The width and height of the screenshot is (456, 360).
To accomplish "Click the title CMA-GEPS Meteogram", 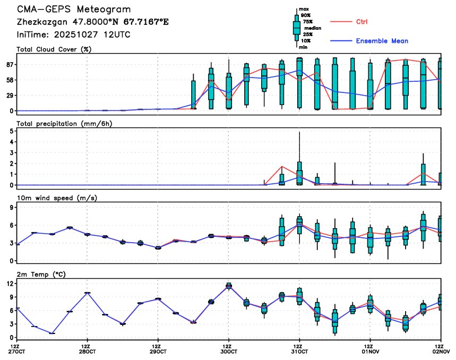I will [74, 10].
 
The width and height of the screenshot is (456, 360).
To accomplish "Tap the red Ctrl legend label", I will [361, 22].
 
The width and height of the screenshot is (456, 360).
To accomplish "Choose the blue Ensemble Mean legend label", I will [382, 41].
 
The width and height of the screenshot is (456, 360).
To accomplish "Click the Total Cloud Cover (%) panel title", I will [54, 49].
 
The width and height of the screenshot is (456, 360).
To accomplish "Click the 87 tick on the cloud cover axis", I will [10, 65].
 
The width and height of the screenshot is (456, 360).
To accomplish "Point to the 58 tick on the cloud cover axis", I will [10, 80].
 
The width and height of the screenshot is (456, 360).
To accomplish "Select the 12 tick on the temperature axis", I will [10, 284].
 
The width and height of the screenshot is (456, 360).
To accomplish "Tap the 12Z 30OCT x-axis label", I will [229, 348].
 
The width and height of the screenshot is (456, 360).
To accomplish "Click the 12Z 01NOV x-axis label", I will [370, 348].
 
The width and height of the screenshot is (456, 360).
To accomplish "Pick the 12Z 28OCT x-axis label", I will [88, 348].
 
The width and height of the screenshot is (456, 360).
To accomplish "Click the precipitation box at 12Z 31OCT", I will [299, 173].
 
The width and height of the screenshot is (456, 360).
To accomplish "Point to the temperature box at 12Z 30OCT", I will [229, 286].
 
